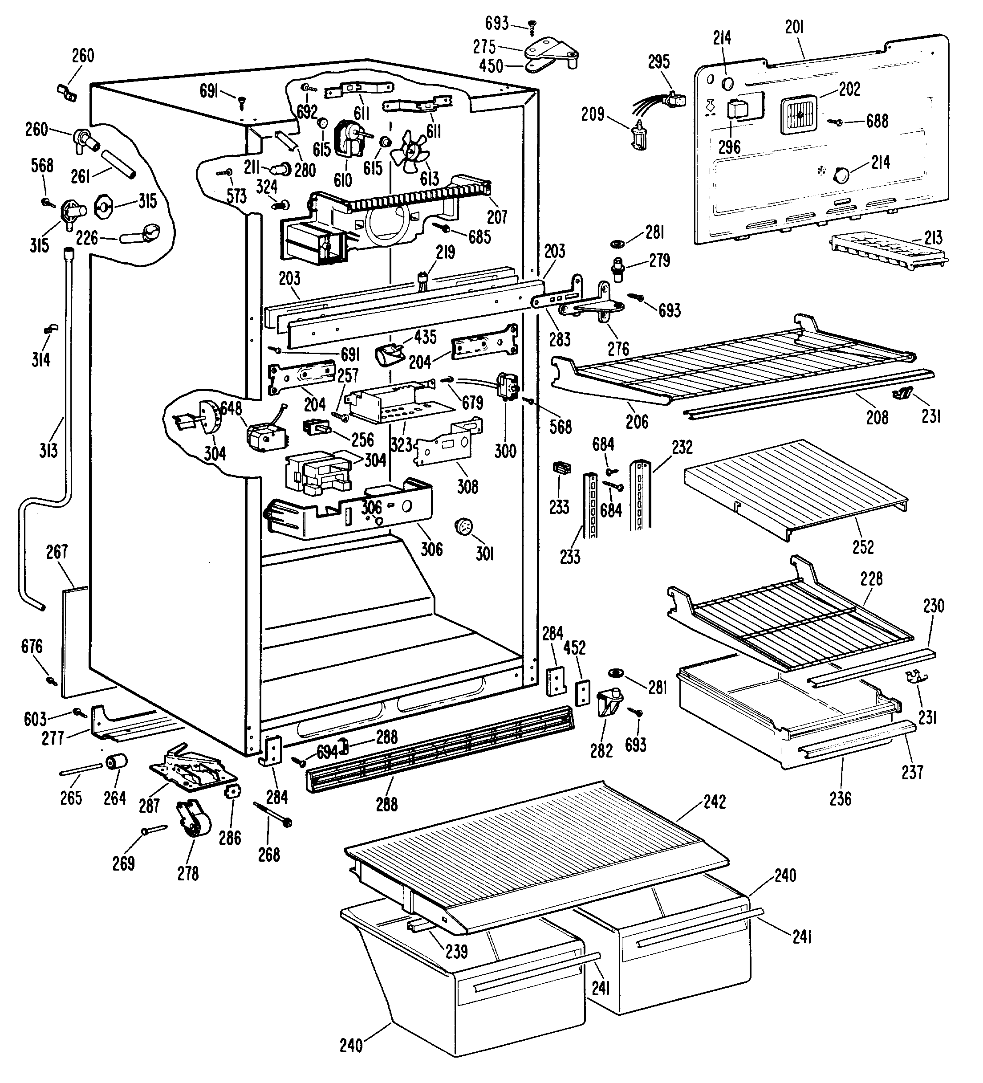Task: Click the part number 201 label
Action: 794,27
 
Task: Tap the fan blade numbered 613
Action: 408,150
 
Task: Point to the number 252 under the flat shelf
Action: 863,547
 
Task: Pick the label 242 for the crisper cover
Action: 714,802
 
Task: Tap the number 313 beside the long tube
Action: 49,450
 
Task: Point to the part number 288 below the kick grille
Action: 386,804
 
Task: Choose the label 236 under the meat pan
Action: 840,799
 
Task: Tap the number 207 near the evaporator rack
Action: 497,217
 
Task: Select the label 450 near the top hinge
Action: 491,66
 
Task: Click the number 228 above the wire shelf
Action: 871,578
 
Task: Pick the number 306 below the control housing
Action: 431,549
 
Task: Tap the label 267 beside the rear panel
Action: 57,552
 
